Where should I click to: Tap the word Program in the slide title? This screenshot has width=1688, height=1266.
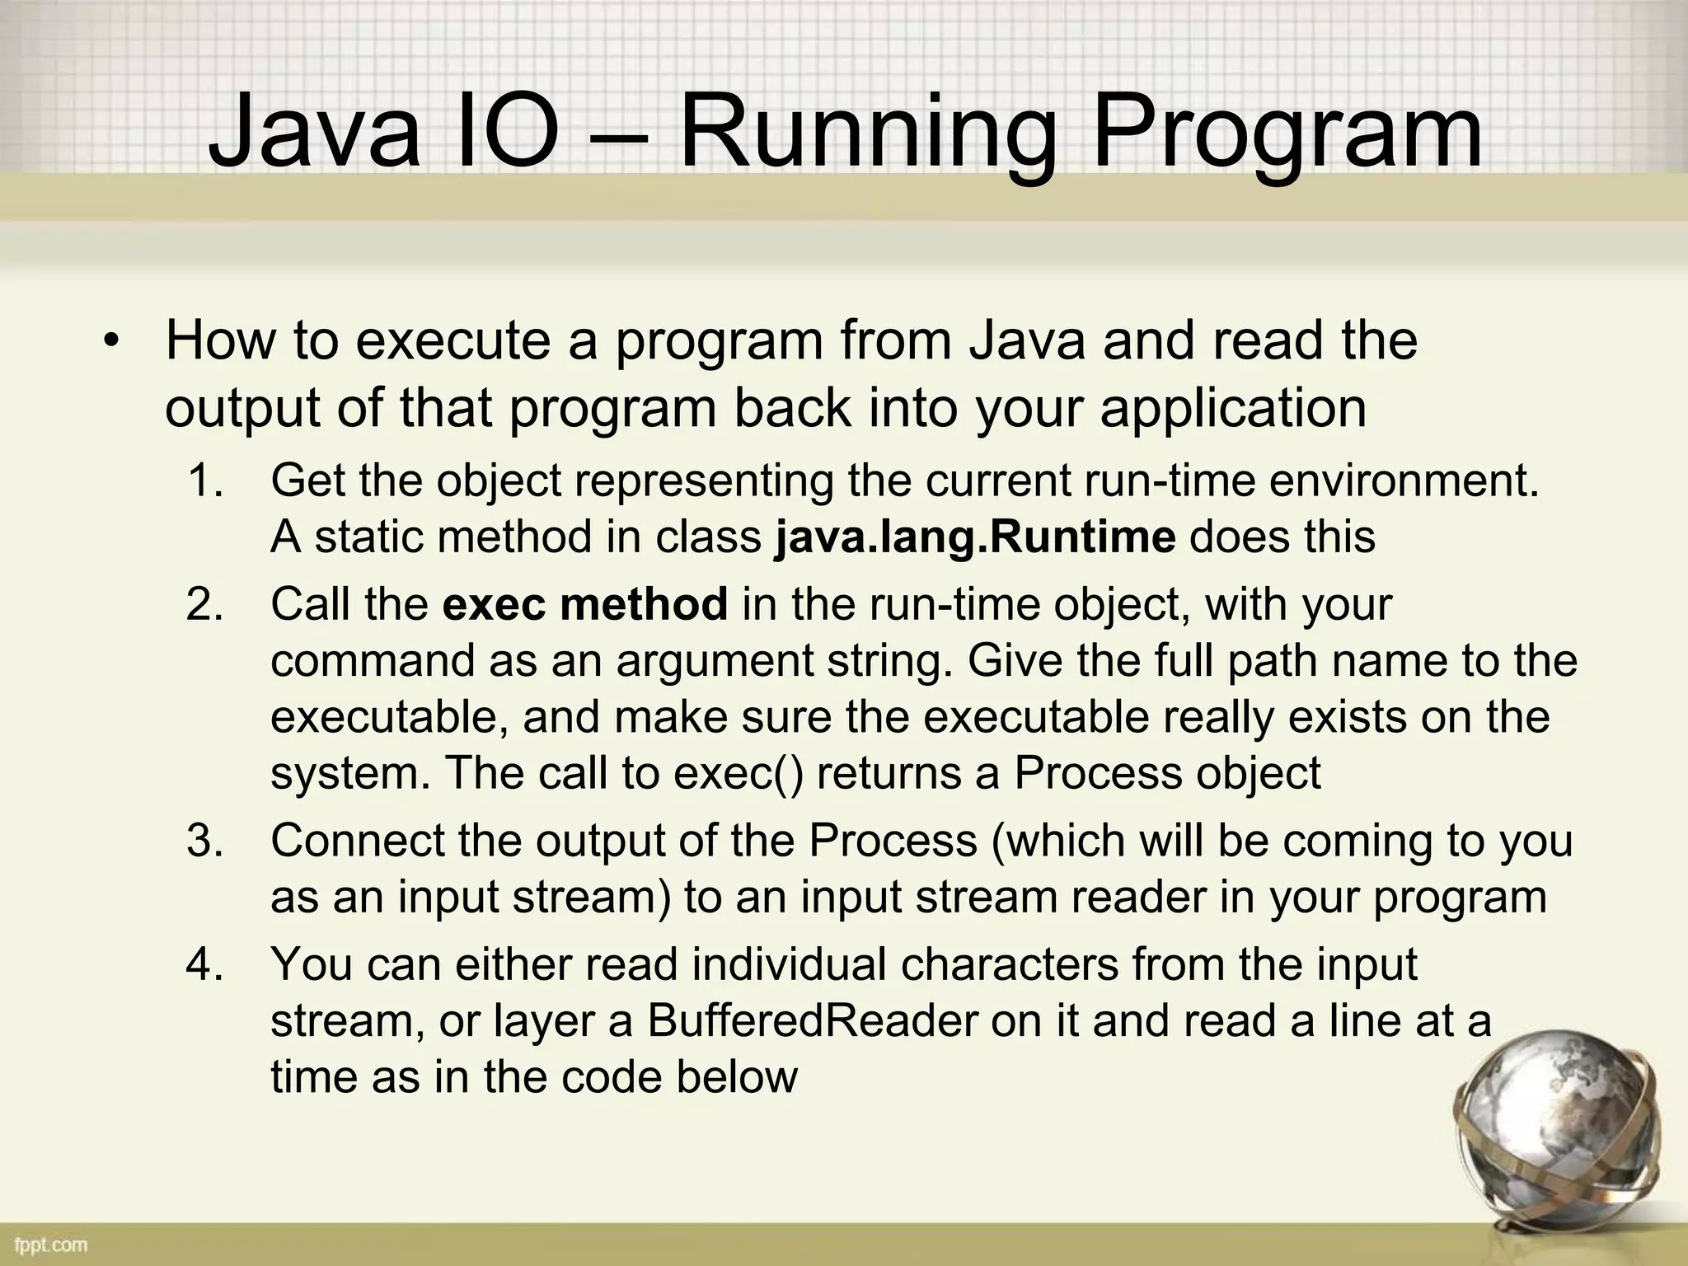pos(1286,132)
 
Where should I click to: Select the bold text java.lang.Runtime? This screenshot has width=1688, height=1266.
pos(975,537)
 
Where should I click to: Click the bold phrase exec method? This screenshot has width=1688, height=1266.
pos(585,604)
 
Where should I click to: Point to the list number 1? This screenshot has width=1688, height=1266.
pos(205,481)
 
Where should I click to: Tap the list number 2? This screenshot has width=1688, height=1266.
pos(205,604)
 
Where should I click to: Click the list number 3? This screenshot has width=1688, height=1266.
pos(205,841)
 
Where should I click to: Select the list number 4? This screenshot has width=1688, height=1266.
pos(205,964)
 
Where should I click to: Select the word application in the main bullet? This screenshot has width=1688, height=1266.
pos(1233,408)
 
